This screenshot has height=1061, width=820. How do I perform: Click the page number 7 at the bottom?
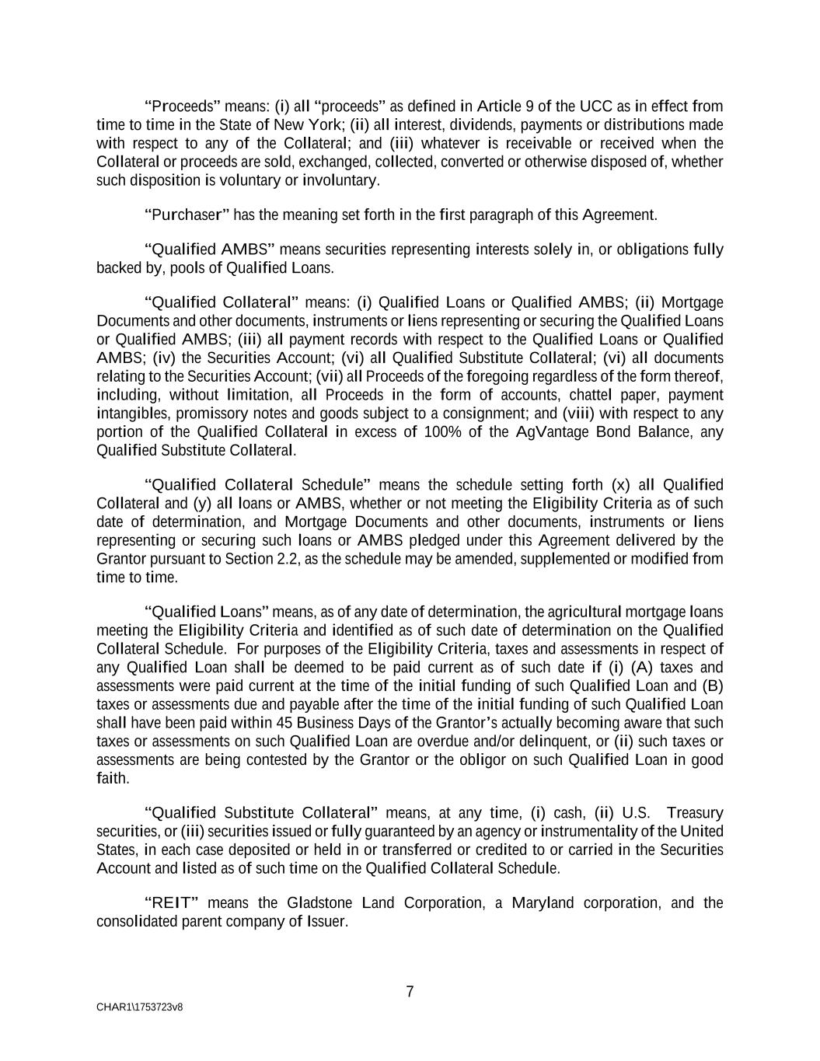pos(410,992)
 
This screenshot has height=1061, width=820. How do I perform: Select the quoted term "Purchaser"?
pos(187,215)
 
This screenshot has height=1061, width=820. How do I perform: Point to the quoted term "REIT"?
pos(173,902)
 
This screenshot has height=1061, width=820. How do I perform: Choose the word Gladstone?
pos(321,902)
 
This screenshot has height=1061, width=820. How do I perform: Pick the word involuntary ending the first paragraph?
pos(344,180)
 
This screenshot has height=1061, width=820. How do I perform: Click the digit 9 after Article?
pos(529,106)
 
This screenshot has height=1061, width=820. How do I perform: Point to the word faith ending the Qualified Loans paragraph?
pos(112,778)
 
